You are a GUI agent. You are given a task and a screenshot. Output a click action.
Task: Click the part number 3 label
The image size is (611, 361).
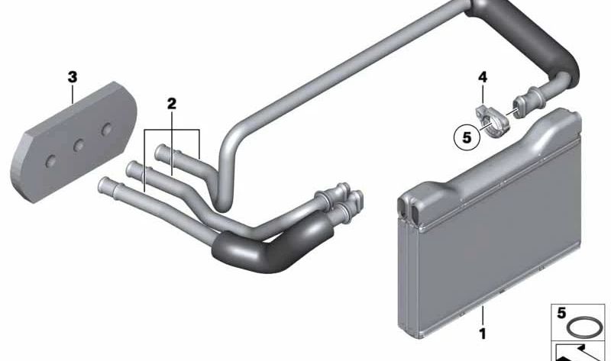coord(73,78)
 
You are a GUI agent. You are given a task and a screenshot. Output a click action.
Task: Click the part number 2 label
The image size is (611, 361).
coord(171,104)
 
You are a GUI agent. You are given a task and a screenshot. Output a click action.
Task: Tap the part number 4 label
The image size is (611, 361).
coord(483,77)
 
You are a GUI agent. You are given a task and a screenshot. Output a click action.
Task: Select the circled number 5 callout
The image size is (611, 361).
coord(467,137)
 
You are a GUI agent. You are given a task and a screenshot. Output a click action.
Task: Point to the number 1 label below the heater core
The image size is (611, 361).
coord(483,334)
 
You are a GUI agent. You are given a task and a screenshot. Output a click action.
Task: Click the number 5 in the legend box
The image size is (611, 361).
coord(561,313)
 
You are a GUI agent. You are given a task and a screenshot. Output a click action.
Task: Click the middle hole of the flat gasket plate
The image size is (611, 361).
coord(79,146)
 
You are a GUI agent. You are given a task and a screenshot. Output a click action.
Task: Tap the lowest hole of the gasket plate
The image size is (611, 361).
coord(51,161)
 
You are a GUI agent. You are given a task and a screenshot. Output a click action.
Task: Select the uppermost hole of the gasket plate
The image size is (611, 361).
coord(106,129)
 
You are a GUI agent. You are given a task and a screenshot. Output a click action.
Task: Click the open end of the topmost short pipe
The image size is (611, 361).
coord(160,151)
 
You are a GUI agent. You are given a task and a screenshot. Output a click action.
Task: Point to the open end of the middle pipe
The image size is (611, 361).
coord(131,168)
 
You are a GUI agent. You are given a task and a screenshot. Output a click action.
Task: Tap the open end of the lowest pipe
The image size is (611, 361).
coord(103,184)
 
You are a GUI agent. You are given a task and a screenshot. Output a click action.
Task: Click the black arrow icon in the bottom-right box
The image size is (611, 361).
coord(579,353)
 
